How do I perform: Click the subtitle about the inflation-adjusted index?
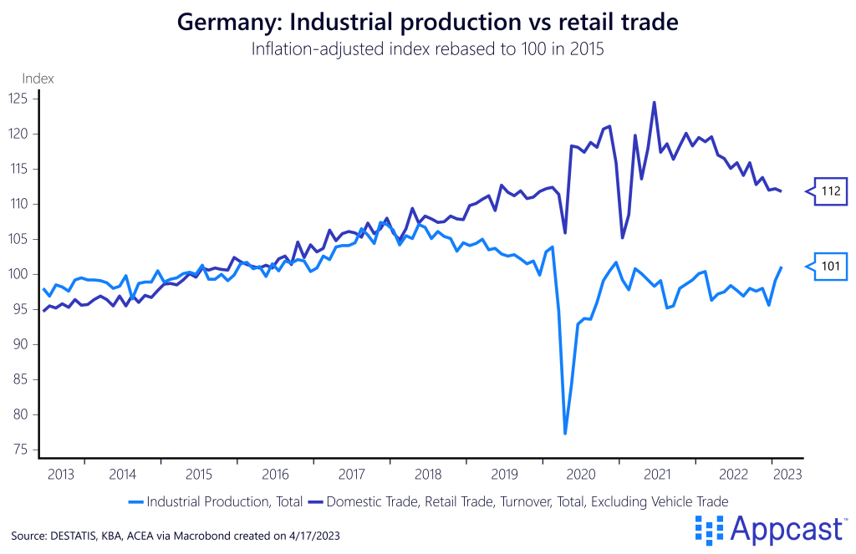[428, 48]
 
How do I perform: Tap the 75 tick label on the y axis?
[20, 450]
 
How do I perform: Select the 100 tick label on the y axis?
[18, 274]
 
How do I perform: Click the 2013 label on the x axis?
[60, 474]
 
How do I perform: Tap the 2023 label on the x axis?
[787, 474]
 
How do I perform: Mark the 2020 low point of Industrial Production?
[565, 433]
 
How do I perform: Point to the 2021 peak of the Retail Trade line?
[654, 103]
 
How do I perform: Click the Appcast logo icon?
[709, 529]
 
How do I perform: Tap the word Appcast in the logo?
[785, 529]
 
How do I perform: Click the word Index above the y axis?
[38, 79]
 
